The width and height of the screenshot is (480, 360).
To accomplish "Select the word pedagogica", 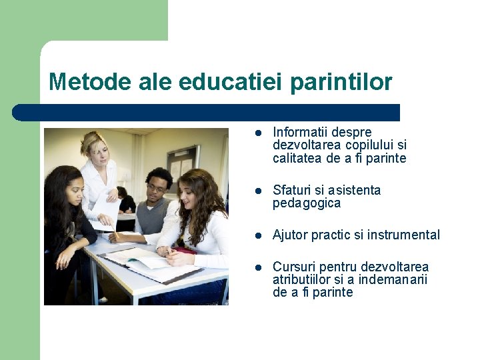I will [307, 203].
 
